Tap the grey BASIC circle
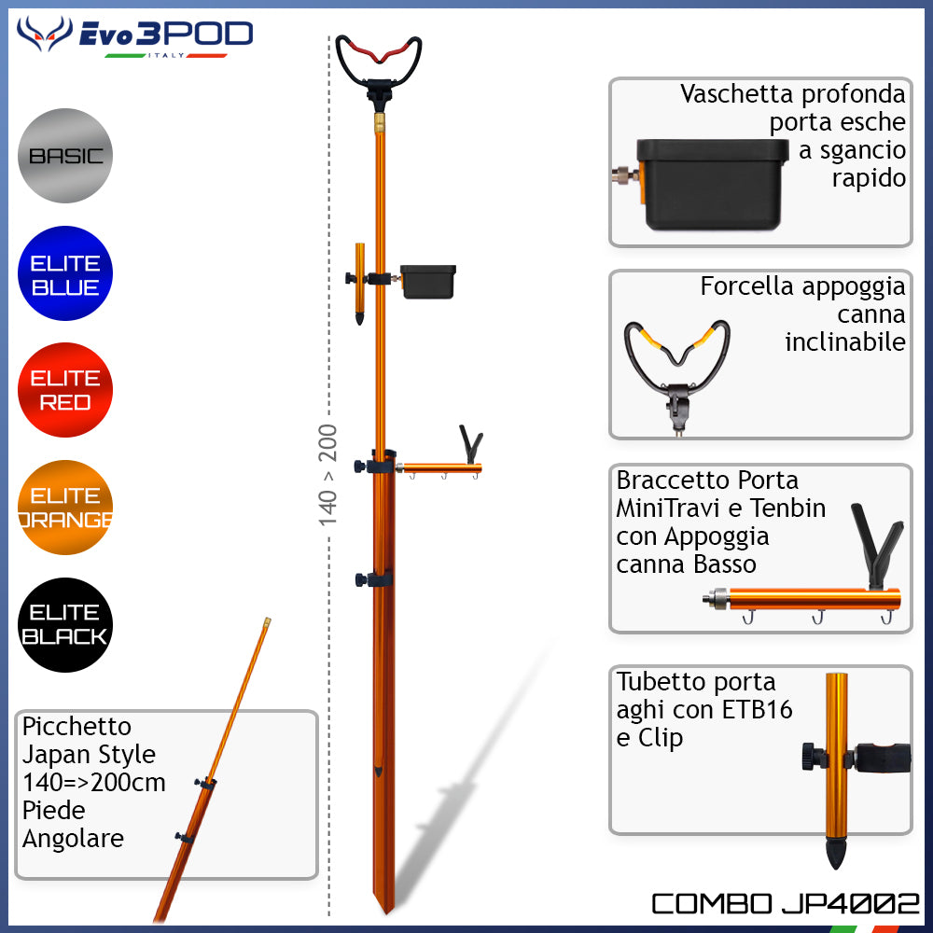tap(65, 156)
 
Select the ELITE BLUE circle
tap(65, 273)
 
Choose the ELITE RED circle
tap(65, 390)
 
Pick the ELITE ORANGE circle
tap(65, 508)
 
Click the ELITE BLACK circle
tap(65, 625)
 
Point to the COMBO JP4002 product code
tap(785, 903)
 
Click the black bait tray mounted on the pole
tap(428, 281)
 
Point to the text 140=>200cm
tap(93, 782)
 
